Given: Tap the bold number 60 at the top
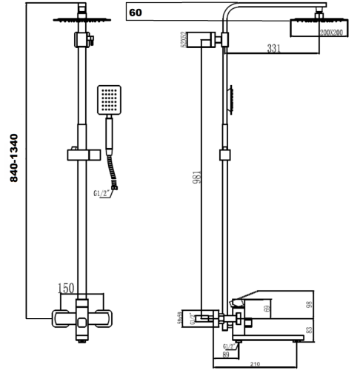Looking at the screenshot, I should tap(136, 13).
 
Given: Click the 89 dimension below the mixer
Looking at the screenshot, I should tap(224, 354).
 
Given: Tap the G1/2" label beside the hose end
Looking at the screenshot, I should tap(101, 194).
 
